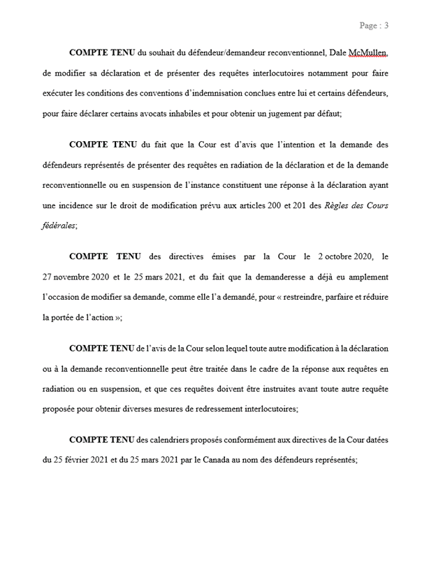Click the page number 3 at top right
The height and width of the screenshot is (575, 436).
tap(386, 26)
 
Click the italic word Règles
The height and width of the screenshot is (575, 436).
tap(347, 205)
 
